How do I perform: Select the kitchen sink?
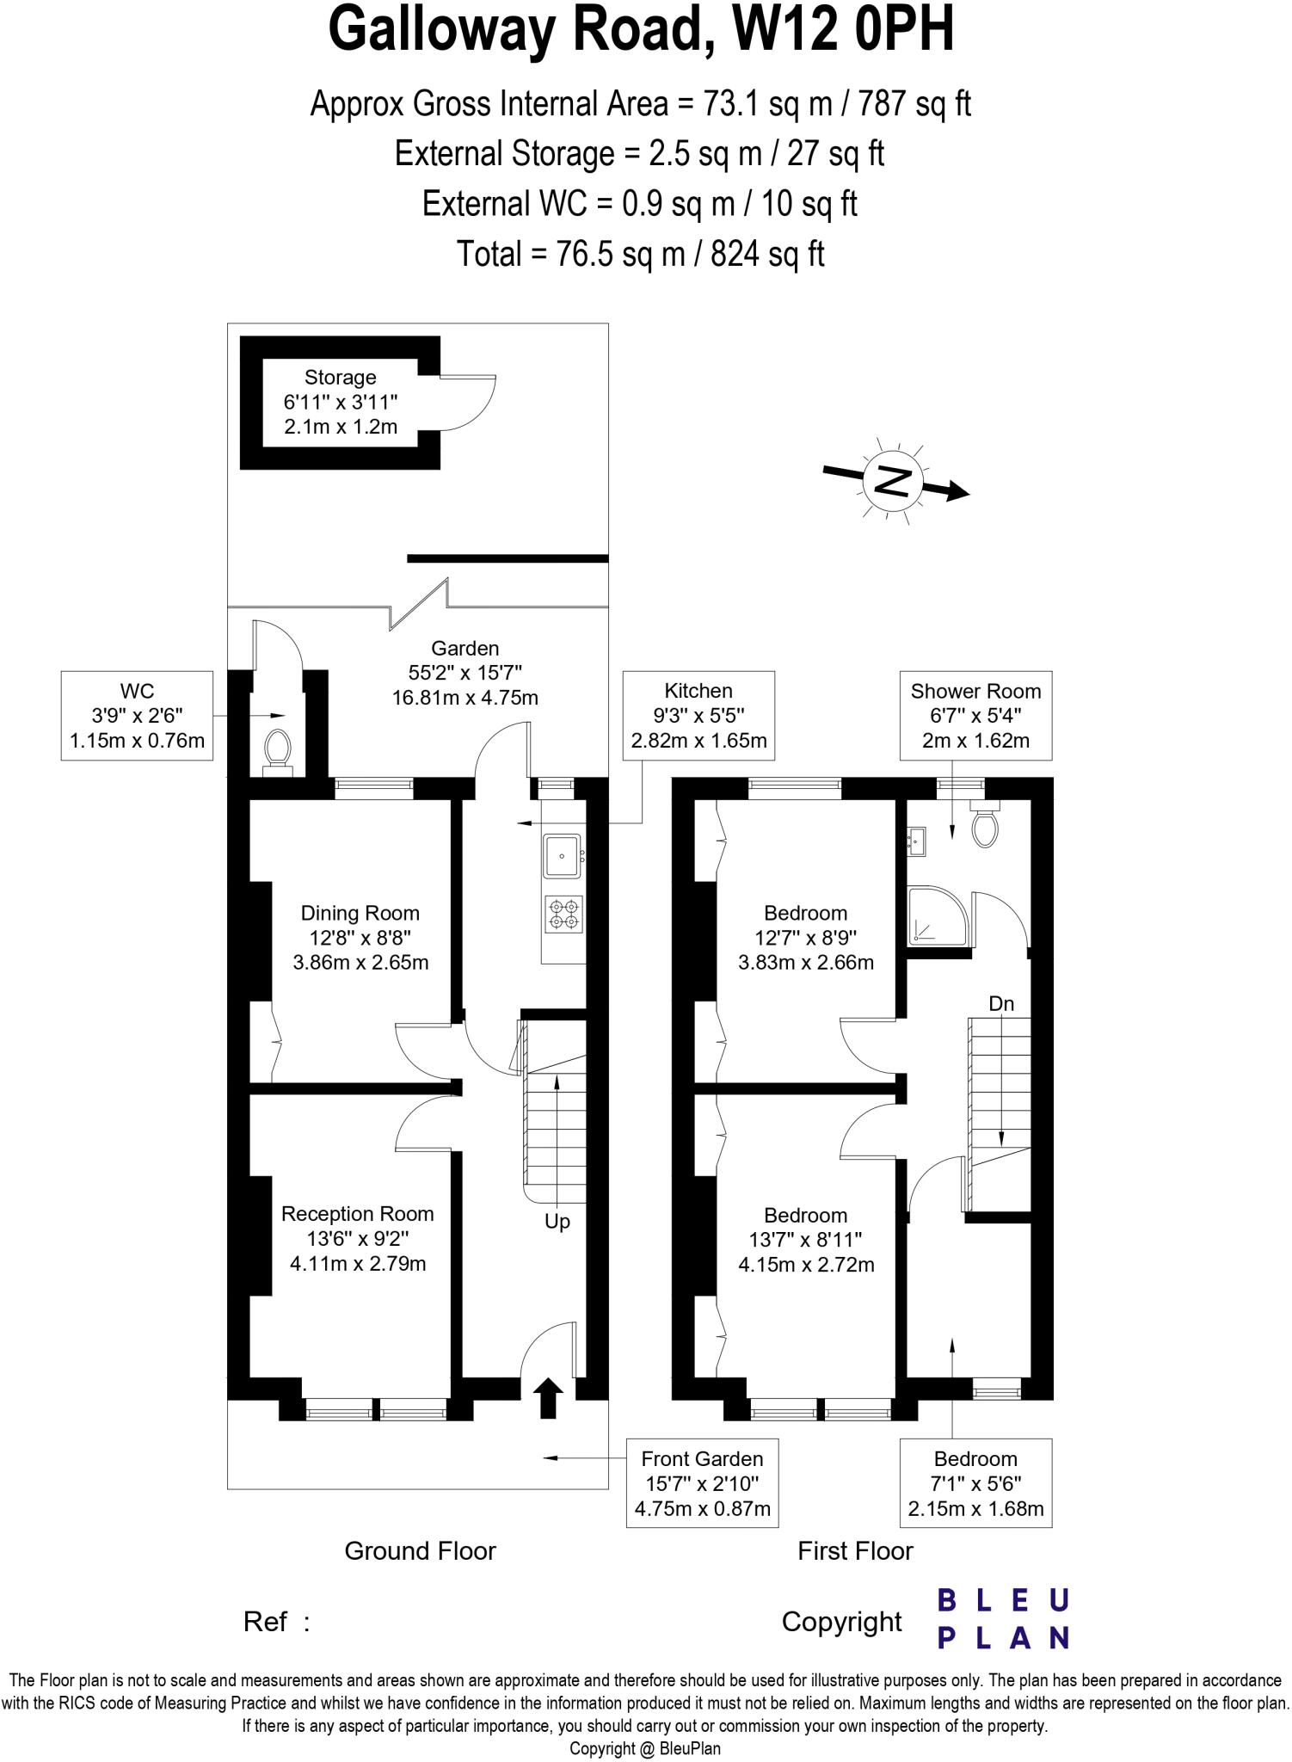tap(562, 856)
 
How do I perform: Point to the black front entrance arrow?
tap(548, 1397)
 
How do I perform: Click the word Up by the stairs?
tap(557, 1222)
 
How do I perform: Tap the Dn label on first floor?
tap(1001, 1003)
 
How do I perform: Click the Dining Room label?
tap(360, 913)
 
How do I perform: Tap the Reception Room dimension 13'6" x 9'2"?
tap(358, 1239)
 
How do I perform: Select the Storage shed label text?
tap(340, 377)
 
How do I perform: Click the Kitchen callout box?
tap(698, 715)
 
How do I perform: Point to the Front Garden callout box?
tap(702, 1483)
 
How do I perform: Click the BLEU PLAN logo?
tap(1003, 1619)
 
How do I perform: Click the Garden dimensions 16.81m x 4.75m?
tap(465, 697)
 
